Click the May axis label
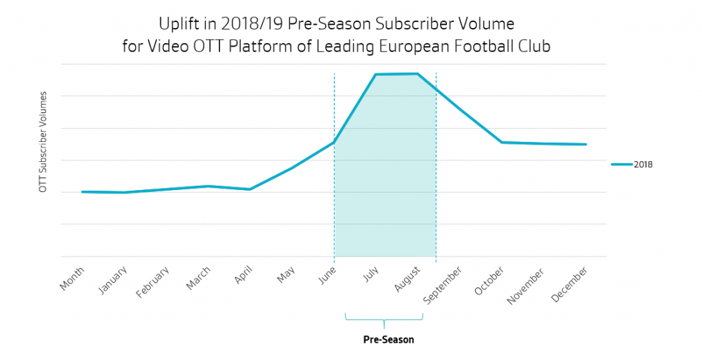click(287, 275)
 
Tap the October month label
click(490, 280)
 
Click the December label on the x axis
click(571, 283)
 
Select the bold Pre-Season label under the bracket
click(389, 339)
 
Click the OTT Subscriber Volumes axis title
click(43, 141)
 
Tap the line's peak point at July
click(376, 74)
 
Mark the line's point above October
click(502, 142)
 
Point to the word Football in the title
click(485, 47)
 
